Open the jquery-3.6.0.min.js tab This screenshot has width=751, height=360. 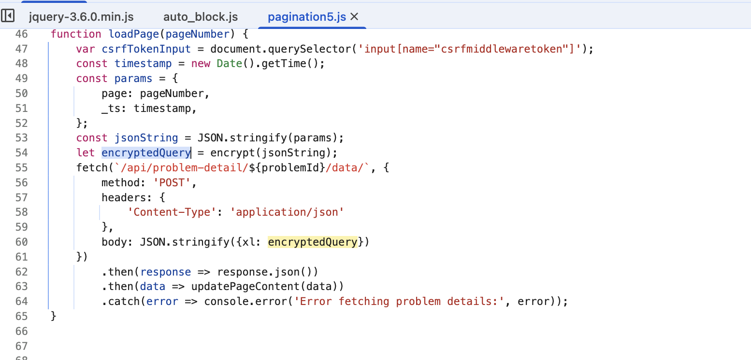coord(81,17)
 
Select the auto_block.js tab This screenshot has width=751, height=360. coord(201,17)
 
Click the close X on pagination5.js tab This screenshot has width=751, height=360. coord(354,17)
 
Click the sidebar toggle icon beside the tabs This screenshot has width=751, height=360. coord(8,16)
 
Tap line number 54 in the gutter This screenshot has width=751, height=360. coord(22,153)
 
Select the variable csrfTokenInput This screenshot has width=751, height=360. coord(146,49)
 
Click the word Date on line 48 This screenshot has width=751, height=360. coord(230,64)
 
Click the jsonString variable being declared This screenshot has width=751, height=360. coord(146,138)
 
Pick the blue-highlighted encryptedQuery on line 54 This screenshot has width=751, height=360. coord(146,153)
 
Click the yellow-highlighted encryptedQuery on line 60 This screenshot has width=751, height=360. coord(312,242)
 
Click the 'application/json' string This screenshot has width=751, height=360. coord(287,212)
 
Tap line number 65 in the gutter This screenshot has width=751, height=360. coord(22,317)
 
